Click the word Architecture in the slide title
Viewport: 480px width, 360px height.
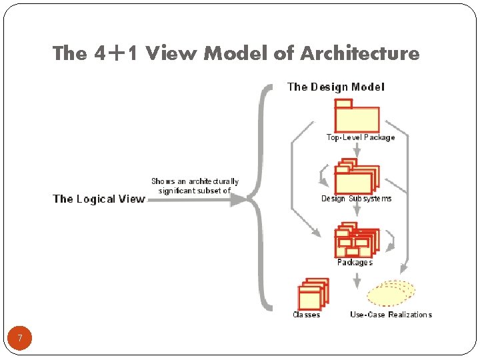click(360, 53)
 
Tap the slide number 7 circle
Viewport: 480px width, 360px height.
click(20, 339)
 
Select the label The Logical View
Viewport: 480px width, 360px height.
click(99, 199)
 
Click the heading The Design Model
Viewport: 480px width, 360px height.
click(335, 87)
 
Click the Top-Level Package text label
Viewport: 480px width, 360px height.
click(361, 138)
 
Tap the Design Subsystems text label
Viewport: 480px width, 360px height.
click(357, 199)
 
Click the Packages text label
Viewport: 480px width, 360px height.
click(355, 263)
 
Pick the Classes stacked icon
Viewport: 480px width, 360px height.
click(312, 293)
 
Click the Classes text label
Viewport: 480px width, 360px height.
click(307, 315)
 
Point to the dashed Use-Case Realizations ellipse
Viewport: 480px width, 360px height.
click(391, 292)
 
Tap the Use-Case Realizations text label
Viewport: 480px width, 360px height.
click(391, 315)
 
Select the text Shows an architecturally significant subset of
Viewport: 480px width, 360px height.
click(195, 186)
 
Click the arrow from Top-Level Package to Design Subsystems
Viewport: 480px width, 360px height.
click(357, 151)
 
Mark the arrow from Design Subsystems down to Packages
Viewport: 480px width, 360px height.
click(357, 213)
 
